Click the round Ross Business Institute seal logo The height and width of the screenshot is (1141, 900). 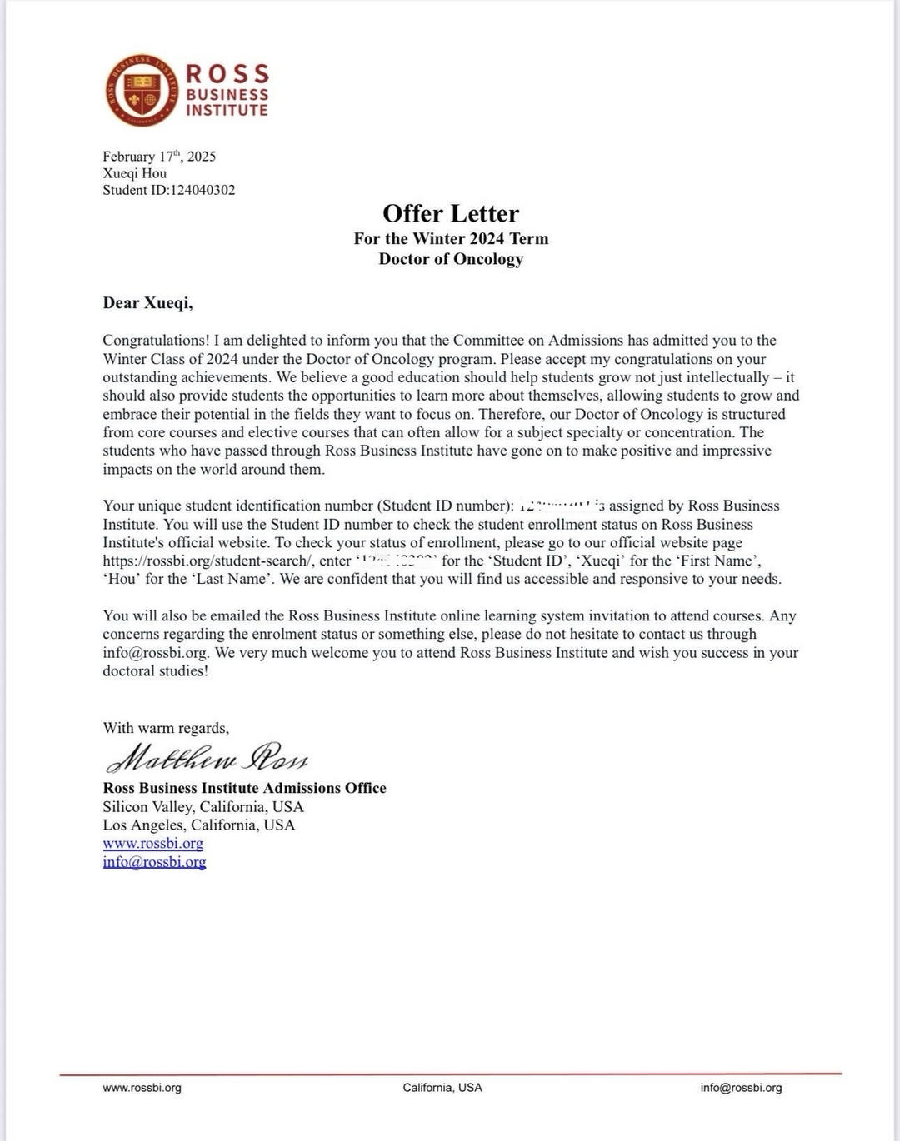[142, 90]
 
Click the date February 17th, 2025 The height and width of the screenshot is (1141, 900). [159, 157]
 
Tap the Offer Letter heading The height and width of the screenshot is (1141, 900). [451, 213]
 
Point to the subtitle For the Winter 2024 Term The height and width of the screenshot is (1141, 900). [451, 239]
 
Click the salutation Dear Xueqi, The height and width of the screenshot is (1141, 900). [147, 303]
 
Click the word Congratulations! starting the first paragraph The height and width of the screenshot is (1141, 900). [156, 341]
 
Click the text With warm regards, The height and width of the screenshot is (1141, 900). [166, 728]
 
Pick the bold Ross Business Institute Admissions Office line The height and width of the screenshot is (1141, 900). [244, 788]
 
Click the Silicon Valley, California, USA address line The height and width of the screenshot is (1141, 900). [203, 807]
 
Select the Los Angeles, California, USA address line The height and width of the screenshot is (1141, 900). [198, 825]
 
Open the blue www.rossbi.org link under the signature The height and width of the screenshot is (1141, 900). [152, 844]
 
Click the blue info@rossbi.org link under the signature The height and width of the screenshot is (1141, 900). [154, 862]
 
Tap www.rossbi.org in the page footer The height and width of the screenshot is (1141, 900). [142, 1088]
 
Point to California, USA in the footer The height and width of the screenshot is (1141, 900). [442, 1088]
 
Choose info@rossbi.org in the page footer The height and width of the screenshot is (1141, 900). [741, 1088]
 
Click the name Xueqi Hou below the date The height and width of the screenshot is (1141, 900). [134, 173]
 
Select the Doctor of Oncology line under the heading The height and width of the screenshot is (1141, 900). [451, 259]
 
